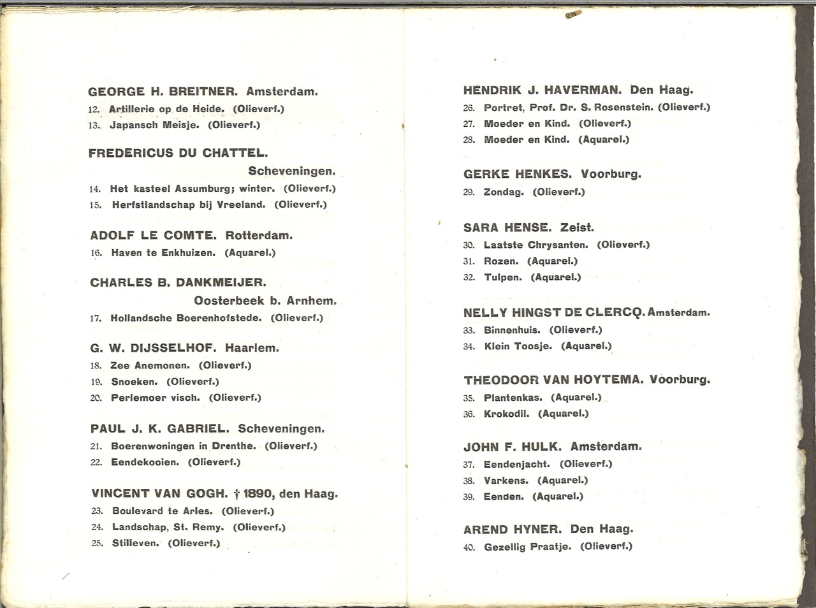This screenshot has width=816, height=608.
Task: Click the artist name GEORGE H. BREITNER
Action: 163,92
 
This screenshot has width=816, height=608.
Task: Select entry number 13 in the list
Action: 94,126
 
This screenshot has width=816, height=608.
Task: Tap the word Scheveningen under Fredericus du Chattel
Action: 291,171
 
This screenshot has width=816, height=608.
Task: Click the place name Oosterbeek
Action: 228,301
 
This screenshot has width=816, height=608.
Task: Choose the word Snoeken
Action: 134,382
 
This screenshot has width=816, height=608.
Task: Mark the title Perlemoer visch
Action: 155,398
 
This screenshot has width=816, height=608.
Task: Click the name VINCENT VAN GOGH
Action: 159,494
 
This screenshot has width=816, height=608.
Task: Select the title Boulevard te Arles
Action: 162,511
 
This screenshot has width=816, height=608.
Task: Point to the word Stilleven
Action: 135,544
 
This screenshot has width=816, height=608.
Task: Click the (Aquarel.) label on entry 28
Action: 604,140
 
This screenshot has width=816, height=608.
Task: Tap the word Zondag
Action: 504,192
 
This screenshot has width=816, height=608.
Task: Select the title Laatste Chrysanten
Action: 535,245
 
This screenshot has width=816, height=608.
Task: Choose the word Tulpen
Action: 503,277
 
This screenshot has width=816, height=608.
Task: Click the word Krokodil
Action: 506,414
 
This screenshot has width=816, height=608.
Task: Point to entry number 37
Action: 469,465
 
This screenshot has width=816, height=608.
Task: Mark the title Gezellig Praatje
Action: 527,547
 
